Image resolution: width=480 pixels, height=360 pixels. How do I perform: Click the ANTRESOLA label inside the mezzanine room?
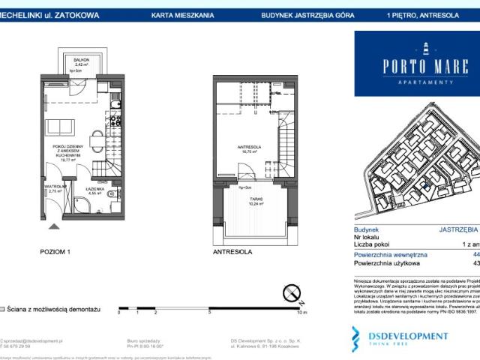(x=248, y=146)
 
